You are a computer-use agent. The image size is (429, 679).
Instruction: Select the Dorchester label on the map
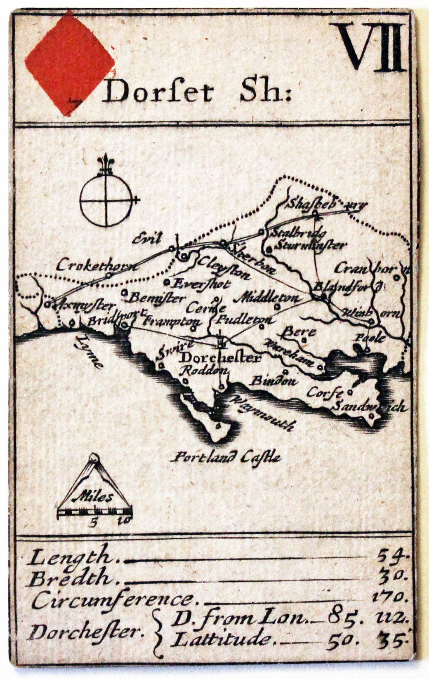pyautogui.click(x=221, y=357)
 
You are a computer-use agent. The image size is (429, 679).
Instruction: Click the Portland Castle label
pyautogui.click(x=227, y=456)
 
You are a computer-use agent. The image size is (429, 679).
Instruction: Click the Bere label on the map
pyautogui.click(x=300, y=331)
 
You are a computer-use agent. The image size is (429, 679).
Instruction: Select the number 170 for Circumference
pyautogui.click(x=389, y=597)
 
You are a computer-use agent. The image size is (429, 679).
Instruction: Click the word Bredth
pyautogui.click(x=70, y=578)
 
